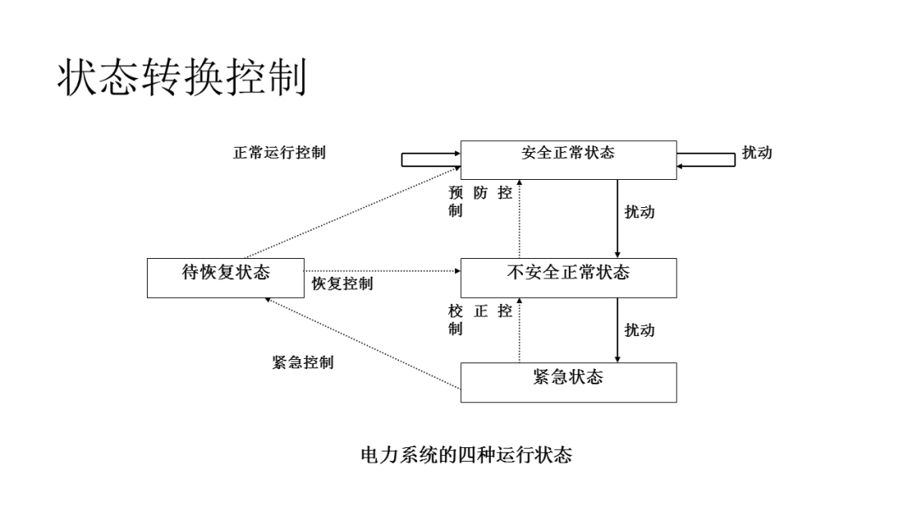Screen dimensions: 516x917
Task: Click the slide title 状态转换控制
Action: pyautogui.click(x=181, y=79)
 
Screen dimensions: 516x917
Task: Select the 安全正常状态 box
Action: pyautogui.click(x=568, y=160)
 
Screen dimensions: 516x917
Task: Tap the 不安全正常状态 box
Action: pyautogui.click(x=568, y=278)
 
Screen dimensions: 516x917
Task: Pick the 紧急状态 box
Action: pyautogui.click(x=568, y=382)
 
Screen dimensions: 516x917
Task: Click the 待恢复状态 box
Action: pyautogui.click(x=226, y=278)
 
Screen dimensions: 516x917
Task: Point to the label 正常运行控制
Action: pyautogui.click(x=279, y=153)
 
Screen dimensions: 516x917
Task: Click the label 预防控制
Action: pyautogui.click(x=480, y=202)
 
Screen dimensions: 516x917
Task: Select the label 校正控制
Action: pyautogui.click(x=480, y=320)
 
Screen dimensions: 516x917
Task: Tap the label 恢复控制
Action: pyautogui.click(x=341, y=283)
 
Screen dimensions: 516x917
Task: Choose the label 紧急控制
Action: pyautogui.click(x=302, y=362)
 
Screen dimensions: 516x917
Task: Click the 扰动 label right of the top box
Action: pyautogui.click(x=757, y=153)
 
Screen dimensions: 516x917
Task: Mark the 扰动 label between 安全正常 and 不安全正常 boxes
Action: pyautogui.click(x=639, y=212)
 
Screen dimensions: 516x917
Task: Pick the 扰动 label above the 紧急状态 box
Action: pyautogui.click(x=639, y=330)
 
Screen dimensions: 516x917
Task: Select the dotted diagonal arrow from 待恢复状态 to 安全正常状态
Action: pyautogui.click(x=352, y=212)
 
